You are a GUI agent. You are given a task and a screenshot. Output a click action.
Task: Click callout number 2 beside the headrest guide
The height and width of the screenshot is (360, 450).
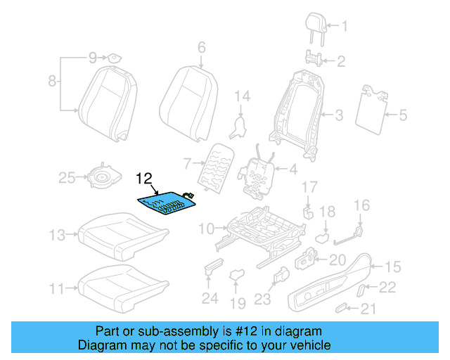(x=341, y=61)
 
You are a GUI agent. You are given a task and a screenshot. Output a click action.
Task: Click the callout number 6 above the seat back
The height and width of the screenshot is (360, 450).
(x=201, y=48)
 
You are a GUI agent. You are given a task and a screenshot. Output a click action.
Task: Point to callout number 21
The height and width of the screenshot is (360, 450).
(x=368, y=309)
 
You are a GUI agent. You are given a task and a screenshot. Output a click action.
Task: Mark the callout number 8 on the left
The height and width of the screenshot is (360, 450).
(x=51, y=82)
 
